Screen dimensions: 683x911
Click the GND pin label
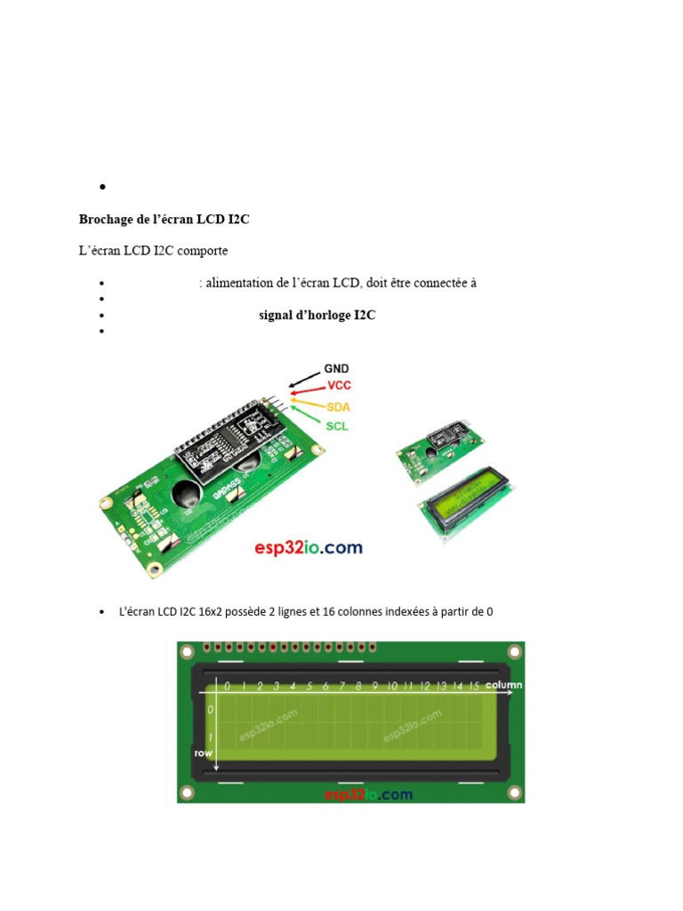pyautogui.click(x=336, y=368)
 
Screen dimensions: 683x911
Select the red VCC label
pyautogui.click(x=339, y=385)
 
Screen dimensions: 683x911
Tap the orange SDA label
pyautogui.click(x=338, y=407)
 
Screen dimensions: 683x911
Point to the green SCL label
pyautogui.click(x=337, y=426)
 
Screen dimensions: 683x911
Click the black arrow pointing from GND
pyautogui.click(x=304, y=379)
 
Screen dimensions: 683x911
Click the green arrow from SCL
pyautogui.click(x=306, y=415)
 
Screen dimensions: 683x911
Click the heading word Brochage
pyautogui.click(x=107, y=220)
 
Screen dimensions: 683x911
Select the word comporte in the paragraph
pyautogui.click(x=202, y=251)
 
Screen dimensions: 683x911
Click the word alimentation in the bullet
pyautogui.click(x=239, y=283)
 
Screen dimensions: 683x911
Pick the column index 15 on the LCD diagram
pyautogui.click(x=474, y=686)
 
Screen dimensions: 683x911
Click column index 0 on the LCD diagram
pyautogui.click(x=227, y=686)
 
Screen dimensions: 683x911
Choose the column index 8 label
pyautogui.click(x=359, y=686)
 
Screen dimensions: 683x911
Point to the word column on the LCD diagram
pyautogui.click(x=503, y=685)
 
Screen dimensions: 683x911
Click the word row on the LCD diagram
pyautogui.click(x=204, y=753)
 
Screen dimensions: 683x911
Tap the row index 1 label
pyautogui.click(x=210, y=738)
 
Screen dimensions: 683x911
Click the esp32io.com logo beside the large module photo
pyautogui.click(x=309, y=548)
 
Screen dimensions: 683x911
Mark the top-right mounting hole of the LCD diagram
pyautogui.click(x=515, y=652)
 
